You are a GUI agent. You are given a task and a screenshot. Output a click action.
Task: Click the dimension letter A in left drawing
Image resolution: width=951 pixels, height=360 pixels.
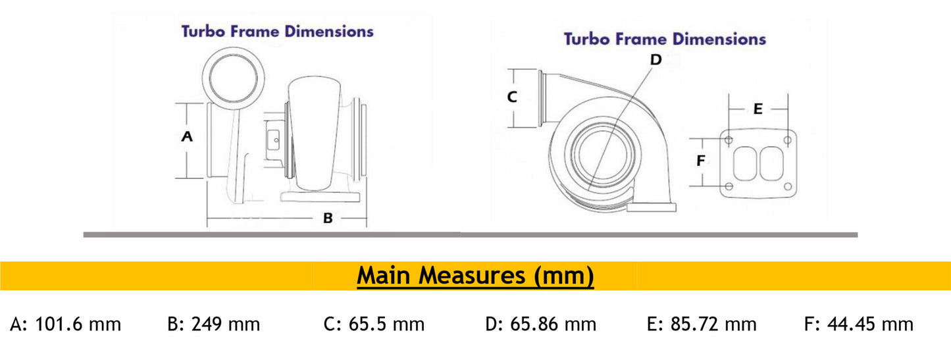187,137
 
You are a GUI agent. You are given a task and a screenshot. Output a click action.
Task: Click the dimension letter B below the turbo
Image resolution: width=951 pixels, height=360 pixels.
328,218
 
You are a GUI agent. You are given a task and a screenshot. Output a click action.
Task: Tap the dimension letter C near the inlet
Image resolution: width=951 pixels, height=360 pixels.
512,97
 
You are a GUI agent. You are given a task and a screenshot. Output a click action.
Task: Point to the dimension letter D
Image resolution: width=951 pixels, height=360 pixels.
655,60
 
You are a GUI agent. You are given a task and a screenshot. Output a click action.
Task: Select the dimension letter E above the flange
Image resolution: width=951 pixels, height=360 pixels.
758,109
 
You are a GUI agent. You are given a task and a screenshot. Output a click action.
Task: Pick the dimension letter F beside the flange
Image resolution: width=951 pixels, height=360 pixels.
701,161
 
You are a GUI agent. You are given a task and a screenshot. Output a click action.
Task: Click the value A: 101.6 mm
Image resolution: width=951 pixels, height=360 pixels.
66,324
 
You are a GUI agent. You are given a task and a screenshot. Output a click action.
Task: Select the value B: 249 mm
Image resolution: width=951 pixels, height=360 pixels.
214,324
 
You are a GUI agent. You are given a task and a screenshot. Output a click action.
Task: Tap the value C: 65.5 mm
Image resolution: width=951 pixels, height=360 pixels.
374,324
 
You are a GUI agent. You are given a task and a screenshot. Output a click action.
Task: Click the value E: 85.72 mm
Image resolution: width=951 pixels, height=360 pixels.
702,324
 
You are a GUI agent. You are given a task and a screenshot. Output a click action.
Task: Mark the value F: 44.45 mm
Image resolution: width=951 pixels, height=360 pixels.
859,324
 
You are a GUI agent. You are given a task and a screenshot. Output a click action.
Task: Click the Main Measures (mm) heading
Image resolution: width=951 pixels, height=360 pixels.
475,276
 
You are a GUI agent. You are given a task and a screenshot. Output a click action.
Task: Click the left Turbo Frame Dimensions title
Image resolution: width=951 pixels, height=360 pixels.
277,31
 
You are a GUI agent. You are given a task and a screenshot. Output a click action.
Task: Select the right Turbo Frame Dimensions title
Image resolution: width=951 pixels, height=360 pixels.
665,39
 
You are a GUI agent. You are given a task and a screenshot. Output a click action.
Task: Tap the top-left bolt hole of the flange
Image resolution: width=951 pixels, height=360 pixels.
729,140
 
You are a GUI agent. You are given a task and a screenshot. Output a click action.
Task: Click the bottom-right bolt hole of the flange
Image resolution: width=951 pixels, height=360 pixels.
788,187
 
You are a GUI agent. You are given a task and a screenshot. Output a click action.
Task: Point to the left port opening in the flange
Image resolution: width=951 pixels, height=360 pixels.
745,163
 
